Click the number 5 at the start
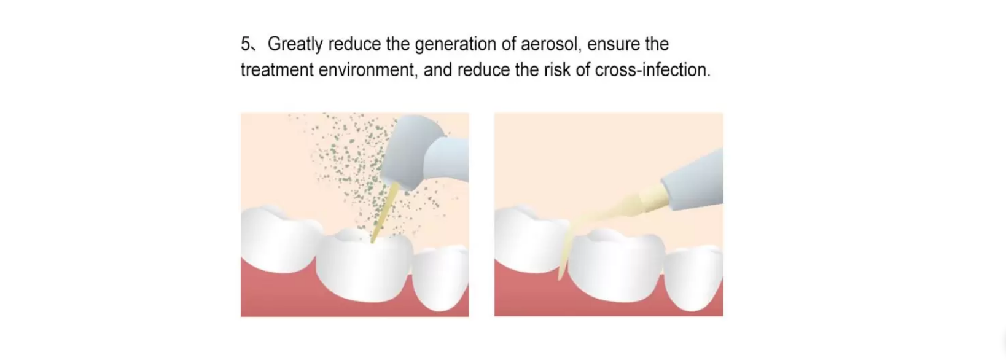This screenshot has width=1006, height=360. tap(246, 44)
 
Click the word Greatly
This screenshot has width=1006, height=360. tap(295, 44)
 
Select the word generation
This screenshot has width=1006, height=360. tap(456, 45)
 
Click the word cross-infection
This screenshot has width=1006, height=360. tap(653, 70)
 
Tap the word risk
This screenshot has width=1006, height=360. tap(557, 70)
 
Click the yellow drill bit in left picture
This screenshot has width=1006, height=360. tap(384, 211)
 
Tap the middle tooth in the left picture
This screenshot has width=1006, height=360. tap(364, 265)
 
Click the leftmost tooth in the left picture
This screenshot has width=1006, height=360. tap(278, 240)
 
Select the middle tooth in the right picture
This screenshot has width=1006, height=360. tap(616, 265)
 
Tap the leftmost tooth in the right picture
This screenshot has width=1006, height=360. tap(530, 240)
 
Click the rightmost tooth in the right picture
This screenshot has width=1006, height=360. tap(695, 279)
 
